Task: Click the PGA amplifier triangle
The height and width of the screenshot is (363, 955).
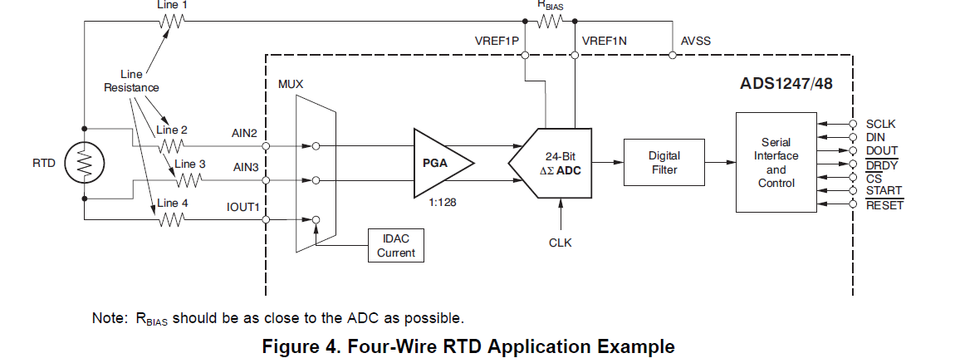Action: tap(441, 162)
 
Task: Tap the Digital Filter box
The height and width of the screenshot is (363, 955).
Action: tap(664, 163)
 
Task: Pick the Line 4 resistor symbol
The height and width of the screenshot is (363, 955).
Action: tap(172, 219)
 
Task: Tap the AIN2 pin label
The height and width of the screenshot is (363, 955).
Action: tap(246, 132)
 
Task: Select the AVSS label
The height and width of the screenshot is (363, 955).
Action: tap(695, 40)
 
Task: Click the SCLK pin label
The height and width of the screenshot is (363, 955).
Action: tap(880, 125)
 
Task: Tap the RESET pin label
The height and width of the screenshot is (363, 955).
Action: tap(884, 204)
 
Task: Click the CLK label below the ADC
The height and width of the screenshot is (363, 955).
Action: tap(560, 243)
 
